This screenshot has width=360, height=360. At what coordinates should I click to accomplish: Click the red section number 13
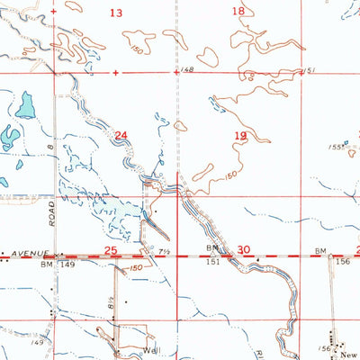[115, 13]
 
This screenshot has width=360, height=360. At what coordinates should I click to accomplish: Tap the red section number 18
[238, 12]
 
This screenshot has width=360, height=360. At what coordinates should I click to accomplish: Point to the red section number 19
[240, 136]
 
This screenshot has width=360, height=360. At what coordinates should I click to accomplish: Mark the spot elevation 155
[335, 147]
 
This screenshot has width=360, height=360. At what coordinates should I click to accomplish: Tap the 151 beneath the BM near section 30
[214, 264]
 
